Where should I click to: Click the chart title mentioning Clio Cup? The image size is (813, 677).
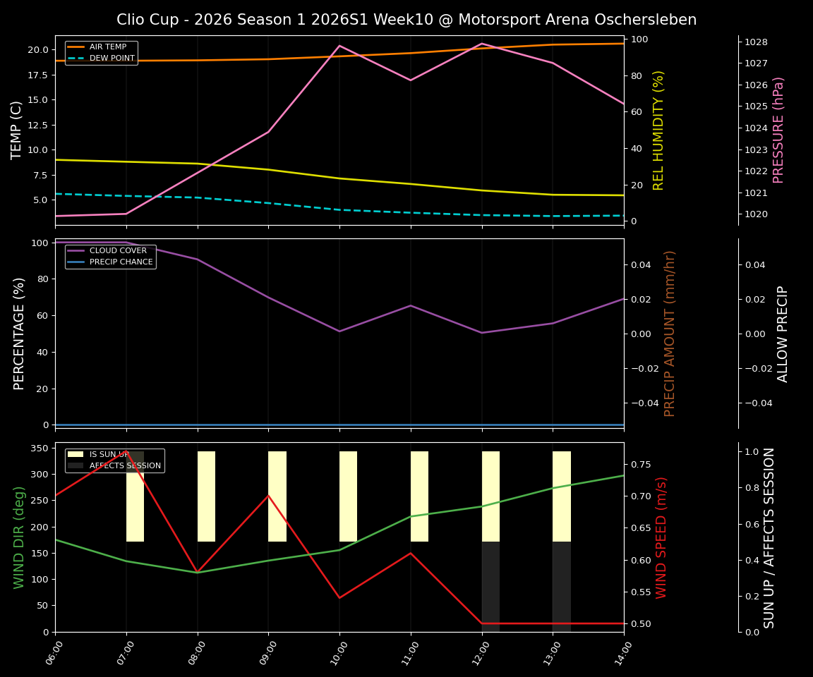pos(406,20)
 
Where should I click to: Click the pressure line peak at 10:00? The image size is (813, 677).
pos(339,46)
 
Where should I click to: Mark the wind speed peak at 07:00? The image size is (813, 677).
pos(126,452)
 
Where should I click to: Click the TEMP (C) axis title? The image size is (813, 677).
pos(17,130)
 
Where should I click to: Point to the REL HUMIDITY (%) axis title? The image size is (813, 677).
pos(659,130)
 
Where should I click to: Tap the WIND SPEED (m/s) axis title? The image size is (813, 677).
pos(661,537)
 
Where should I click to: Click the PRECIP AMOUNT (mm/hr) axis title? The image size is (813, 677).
pos(670,333)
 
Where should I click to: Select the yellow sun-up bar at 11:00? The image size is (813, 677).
pos(419,496)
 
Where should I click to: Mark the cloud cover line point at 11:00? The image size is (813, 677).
pos(411,305)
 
